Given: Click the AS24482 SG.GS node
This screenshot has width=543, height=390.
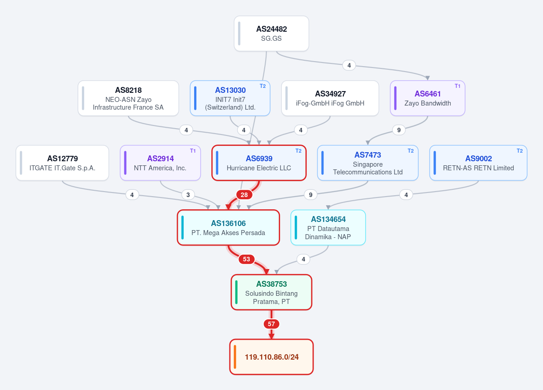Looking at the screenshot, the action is (x=271, y=34).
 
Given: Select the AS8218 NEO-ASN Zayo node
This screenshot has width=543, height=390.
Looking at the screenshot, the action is (x=128, y=98).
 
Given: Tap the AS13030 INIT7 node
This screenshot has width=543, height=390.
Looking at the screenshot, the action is (x=230, y=98).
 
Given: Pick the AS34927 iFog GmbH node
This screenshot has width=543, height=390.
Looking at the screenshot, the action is (x=330, y=98).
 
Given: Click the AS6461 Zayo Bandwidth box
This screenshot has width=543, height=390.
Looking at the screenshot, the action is (x=427, y=98).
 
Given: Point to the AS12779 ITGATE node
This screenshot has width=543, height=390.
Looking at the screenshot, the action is (x=62, y=163).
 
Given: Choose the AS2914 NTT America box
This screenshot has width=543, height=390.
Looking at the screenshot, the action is (x=160, y=163).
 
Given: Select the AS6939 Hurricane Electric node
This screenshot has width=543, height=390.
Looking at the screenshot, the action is (x=259, y=163).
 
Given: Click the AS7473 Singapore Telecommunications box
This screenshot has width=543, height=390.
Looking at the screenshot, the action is (x=368, y=163).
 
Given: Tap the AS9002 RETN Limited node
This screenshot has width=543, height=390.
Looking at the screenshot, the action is (x=478, y=163).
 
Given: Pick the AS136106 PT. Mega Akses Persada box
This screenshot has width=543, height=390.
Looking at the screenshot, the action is (x=229, y=228).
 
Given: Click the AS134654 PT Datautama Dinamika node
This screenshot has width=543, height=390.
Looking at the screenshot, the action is (x=328, y=228).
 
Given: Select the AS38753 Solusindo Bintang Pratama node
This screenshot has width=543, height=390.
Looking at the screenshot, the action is (x=271, y=292).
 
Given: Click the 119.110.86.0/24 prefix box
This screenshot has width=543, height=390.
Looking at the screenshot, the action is (x=271, y=357).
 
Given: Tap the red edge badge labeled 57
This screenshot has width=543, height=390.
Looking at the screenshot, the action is (x=271, y=324).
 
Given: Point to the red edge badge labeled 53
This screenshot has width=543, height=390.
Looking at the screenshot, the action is (x=246, y=259).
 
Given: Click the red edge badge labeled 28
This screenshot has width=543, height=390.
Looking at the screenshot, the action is (x=244, y=195).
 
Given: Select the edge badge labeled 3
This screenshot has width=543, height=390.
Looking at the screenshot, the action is (x=188, y=195).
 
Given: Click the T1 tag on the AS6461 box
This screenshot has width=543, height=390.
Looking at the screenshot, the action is (x=457, y=86).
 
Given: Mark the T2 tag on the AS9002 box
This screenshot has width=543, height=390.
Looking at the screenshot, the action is (x=519, y=151).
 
